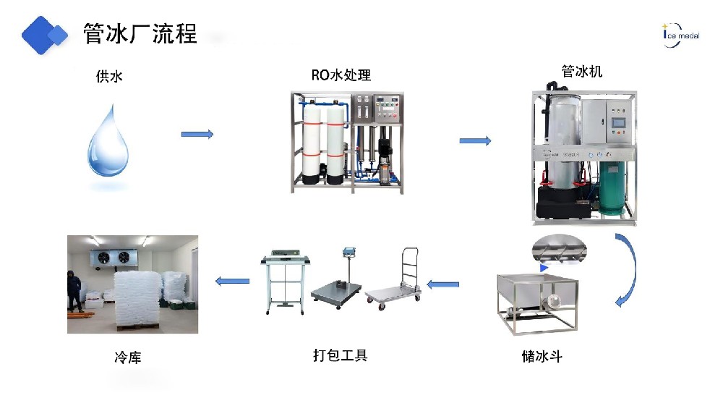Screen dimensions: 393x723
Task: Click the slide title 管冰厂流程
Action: [x=140, y=33]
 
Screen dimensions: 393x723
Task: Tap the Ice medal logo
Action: [x=680, y=33]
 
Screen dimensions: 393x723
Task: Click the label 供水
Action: [x=109, y=75]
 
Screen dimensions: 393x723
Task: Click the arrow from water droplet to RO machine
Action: [x=197, y=134]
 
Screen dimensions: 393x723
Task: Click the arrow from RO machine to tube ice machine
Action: [x=475, y=140]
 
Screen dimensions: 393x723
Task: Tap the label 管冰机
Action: [x=582, y=72]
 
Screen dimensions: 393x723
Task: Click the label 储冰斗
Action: [x=542, y=357]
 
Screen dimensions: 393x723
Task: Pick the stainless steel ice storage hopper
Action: [x=537, y=300]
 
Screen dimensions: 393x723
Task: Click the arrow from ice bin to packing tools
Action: [x=442, y=284]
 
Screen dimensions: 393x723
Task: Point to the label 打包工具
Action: [x=340, y=355]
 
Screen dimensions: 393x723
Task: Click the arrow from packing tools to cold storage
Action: [x=234, y=281]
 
